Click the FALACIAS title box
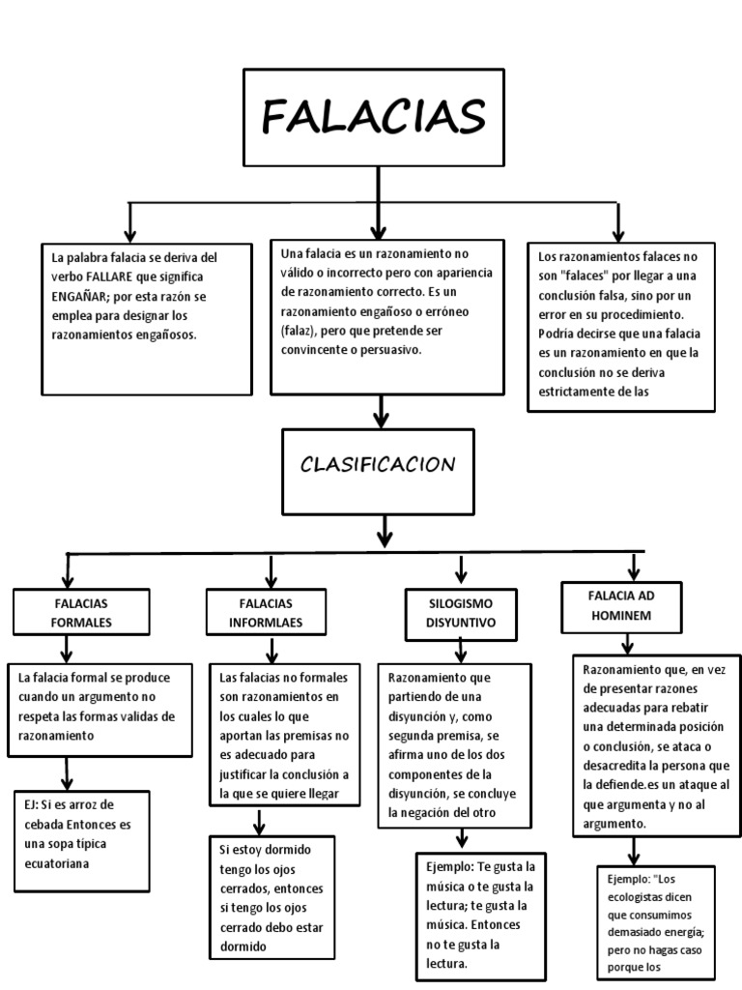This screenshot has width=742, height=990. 374,117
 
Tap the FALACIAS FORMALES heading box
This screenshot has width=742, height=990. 81,612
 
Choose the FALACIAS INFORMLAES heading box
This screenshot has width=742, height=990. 266,612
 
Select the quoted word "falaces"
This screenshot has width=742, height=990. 584,277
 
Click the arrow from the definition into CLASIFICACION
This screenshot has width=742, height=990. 381,411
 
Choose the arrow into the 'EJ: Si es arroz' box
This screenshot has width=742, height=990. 68,773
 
